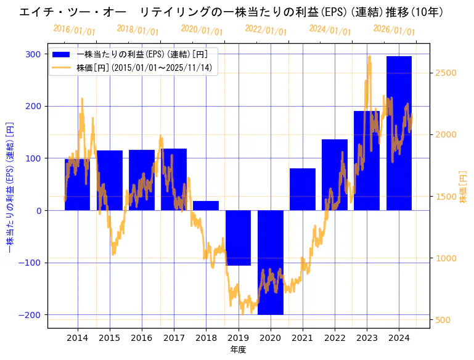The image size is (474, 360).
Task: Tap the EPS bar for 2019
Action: [x=238, y=238]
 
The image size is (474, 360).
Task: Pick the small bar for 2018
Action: [x=206, y=205]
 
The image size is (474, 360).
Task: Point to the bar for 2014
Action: [x=77, y=184]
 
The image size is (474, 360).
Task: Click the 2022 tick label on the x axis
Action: [x=334, y=338]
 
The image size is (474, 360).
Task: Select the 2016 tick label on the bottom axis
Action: [x=141, y=338]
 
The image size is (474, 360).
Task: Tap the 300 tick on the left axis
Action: [x=33, y=54]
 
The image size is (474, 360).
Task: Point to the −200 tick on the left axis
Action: [x=30, y=315]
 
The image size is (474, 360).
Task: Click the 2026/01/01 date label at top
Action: [x=394, y=30]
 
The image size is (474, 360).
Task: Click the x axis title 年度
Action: [x=238, y=350]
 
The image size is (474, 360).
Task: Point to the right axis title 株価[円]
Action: [x=464, y=187]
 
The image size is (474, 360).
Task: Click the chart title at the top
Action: [x=231, y=12]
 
